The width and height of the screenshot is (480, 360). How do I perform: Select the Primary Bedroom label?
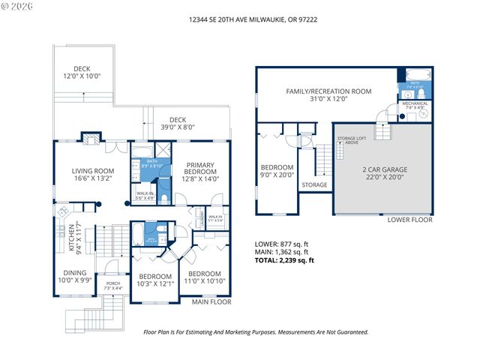[199, 172]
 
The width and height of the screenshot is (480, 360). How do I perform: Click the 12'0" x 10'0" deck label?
[82, 72]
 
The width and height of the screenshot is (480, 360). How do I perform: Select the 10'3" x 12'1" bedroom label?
[156, 280]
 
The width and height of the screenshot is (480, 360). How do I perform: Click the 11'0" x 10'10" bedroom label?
[204, 277]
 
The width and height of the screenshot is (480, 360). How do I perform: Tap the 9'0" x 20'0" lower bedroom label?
[276, 172]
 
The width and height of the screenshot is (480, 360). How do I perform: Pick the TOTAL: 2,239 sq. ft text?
[285, 260]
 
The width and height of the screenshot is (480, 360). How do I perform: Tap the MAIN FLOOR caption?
[211, 302]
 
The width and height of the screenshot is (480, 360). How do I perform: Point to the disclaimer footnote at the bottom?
[256, 331]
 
